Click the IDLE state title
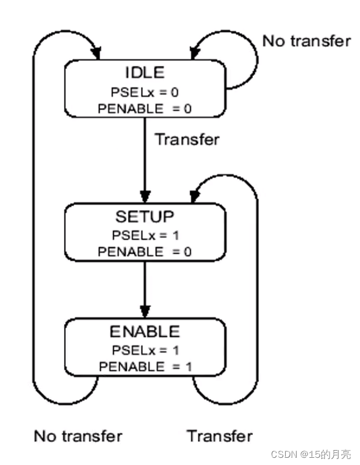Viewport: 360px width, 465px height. (x=144, y=73)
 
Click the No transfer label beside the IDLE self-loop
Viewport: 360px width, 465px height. (x=306, y=41)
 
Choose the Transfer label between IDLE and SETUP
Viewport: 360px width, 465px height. (x=187, y=139)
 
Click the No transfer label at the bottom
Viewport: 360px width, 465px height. (x=78, y=435)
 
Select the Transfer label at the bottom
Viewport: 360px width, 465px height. (x=219, y=435)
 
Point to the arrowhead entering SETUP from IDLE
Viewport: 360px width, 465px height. (x=145, y=196)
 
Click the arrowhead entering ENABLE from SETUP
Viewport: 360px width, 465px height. (x=145, y=312)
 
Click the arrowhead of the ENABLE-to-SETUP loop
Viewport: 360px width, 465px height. (x=193, y=196)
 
